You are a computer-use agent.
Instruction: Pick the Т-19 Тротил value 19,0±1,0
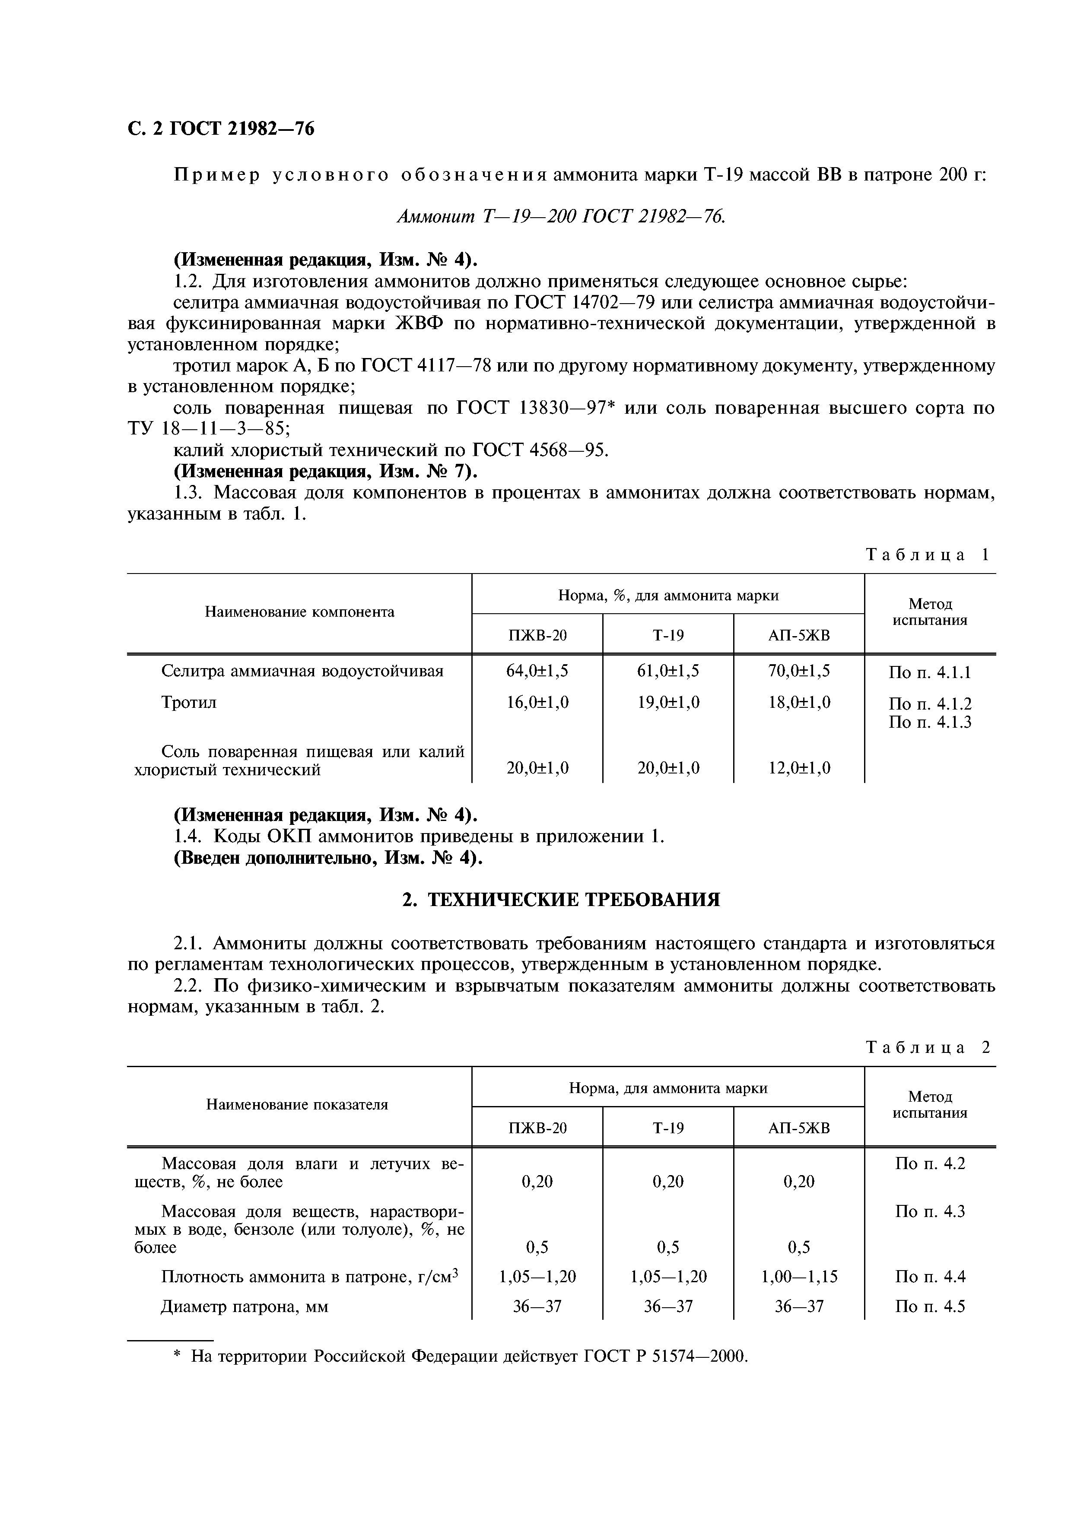point(668,702)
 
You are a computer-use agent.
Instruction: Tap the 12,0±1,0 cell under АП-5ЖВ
point(798,767)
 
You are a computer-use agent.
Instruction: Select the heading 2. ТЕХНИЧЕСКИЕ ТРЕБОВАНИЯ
point(561,899)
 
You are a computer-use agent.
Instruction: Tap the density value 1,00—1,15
point(798,1276)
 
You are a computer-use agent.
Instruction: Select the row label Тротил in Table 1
point(189,702)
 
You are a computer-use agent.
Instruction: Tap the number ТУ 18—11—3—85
point(208,428)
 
